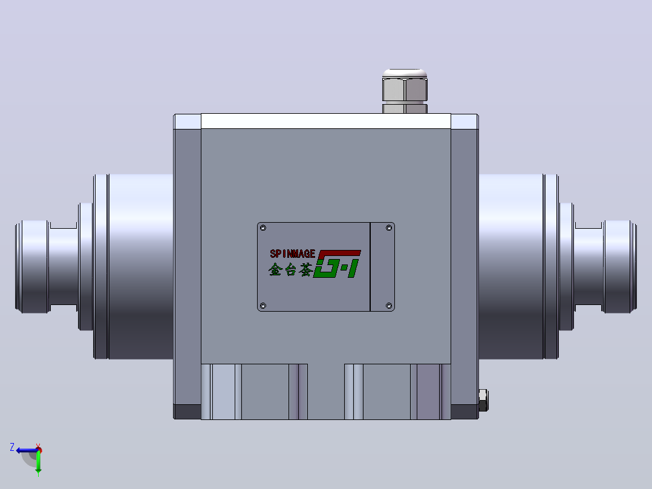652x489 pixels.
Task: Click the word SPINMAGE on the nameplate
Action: click(x=292, y=254)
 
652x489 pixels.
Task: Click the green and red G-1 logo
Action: click(x=337, y=264)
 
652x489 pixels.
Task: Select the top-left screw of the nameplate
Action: click(x=262, y=228)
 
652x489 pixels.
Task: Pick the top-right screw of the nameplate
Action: click(x=389, y=228)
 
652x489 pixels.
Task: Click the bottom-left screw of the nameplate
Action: click(x=262, y=306)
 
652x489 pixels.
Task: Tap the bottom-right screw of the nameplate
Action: click(x=389, y=306)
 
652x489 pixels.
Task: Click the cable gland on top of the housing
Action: click(x=405, y=91)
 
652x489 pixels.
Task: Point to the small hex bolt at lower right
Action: click(x=483, y=401)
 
